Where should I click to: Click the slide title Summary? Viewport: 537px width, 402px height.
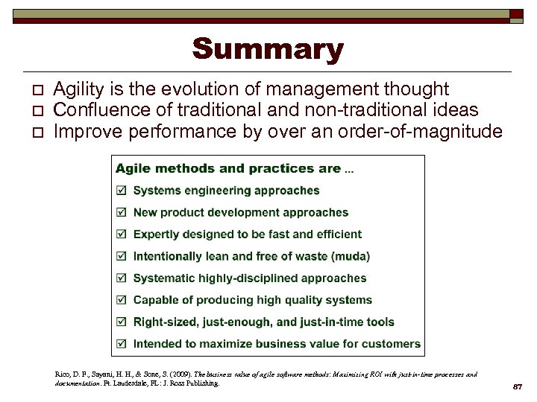[268, 50]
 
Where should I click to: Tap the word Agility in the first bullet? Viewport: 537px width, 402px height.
[80, 90]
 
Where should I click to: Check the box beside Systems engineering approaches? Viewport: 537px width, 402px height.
[122, 191]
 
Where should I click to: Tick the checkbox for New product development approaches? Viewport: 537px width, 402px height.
[122, 213]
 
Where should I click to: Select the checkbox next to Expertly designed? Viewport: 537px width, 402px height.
[122, 234]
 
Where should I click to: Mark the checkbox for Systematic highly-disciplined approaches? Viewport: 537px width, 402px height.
[122, 278]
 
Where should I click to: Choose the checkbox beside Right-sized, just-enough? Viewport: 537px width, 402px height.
[122, 322]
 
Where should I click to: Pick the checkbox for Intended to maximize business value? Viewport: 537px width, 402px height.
[122, 344]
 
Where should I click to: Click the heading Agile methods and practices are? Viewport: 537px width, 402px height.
[228, 168]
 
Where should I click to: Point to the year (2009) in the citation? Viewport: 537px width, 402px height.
[180, 374]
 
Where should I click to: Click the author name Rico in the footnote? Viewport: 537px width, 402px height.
[64, 374]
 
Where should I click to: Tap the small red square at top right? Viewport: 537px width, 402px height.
[516, 14]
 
